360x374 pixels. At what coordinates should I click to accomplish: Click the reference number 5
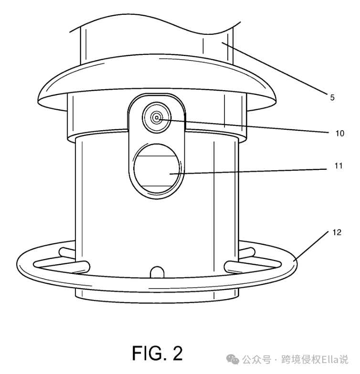pyautogui.click(x=332, y=97)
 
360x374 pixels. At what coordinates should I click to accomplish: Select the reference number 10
pyautogui.click(x=339, y=134)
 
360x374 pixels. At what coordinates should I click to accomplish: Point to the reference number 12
pyautogui.click(x=337, y=233)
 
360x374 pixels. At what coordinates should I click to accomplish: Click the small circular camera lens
pyautogui.click(x=156, y=117)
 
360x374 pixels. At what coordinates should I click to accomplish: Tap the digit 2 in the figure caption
pyautogui.click(x=178, y=353)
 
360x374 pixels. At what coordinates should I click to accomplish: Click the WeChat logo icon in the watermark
pyautogui.click(x=233, y=359)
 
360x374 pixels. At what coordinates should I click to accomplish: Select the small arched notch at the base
pyautogui.click(x=156, y=271)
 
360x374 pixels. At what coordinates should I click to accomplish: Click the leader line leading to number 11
pyautogui.click(x=248, y=171)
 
